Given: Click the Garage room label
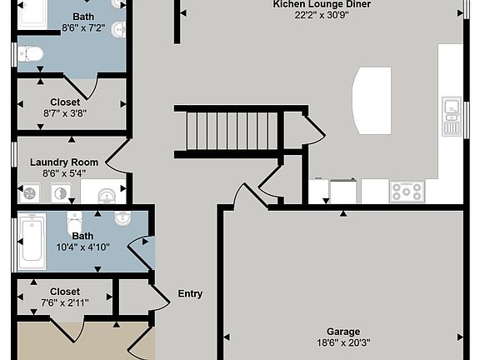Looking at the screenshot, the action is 343,332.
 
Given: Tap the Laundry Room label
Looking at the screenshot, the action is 64,162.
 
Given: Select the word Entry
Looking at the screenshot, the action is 190,294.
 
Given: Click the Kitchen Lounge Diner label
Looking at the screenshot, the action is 322,4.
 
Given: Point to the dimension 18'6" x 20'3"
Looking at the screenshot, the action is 343,342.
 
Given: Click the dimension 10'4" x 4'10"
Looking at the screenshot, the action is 82,247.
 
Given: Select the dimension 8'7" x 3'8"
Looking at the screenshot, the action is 65,113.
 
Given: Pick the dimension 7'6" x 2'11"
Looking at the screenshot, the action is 65,302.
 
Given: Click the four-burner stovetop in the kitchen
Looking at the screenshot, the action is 407,192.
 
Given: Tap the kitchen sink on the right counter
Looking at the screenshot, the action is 452,117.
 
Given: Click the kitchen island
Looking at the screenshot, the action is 372,101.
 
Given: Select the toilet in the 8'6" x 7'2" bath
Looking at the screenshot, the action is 31,55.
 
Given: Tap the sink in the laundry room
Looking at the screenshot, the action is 107,196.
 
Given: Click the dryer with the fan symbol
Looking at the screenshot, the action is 30,193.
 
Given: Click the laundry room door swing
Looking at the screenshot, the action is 117,157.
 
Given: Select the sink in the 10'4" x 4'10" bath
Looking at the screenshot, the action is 122,218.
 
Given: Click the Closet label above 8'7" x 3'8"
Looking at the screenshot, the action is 65,102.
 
